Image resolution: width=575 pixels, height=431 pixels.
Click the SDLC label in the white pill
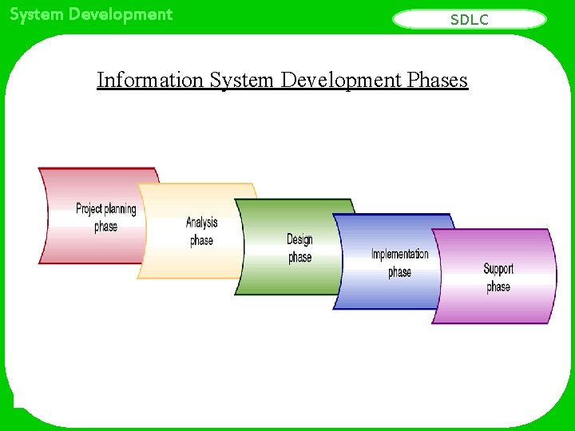[x=470, y=20]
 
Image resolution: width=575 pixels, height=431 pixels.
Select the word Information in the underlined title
[x=149, y=80]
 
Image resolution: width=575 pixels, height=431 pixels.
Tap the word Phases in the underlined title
[x=437, y=80]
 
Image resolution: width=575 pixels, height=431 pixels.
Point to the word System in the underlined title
[x=243, y=80]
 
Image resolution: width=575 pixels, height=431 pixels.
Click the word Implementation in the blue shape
[x=399, y=255]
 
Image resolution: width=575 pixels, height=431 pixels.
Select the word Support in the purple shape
[x=498, y=269]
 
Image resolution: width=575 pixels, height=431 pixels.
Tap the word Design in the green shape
[x=299, y=239]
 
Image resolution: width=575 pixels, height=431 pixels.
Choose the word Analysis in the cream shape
[x=201, y=223]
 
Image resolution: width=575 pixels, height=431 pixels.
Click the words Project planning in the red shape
[x=105, y=209]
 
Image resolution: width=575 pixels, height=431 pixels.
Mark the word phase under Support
[x=498, y=287]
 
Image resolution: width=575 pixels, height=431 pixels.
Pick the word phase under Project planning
[x=105, y=227]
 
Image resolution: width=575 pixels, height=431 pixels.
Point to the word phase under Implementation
[x=399, y=272]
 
